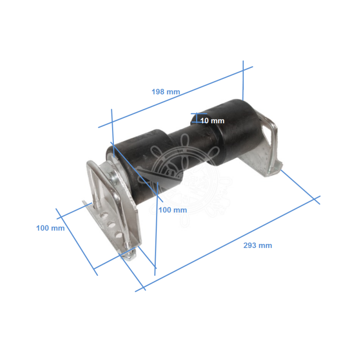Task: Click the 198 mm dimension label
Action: pos(166,92)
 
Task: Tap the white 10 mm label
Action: pos(212,121)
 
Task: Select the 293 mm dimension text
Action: pos(257,245)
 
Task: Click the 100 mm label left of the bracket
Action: pos(50,228)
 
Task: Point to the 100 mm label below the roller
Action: pos(173,210)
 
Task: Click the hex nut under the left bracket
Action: pos(129,256)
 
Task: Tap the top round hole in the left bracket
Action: pos(104,216)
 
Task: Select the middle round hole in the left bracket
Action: pos(111,225)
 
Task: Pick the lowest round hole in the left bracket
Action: pos(118,234)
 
